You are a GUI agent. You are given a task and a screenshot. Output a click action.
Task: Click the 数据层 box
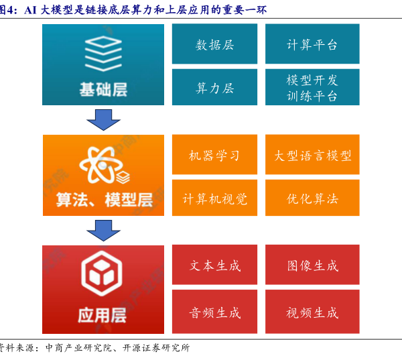tap(214, 44)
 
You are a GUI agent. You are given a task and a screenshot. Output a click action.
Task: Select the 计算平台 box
tap(312, 44)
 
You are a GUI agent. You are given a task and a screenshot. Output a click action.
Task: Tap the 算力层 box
tap(214, 88)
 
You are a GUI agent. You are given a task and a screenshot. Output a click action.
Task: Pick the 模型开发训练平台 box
tap(312, 88)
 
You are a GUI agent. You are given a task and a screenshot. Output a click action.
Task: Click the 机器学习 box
tap(214, 155)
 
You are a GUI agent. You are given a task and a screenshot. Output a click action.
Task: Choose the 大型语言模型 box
tap(312, 155)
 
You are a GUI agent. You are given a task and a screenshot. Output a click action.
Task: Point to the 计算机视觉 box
tap(214, 198)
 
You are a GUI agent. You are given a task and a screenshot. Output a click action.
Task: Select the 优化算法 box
tap(312, 198)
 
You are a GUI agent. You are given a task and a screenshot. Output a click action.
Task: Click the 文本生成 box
tap(214, 265)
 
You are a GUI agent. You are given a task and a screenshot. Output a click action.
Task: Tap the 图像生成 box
tap(312, 265)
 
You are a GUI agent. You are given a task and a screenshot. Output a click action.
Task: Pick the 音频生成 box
tap(214, 312)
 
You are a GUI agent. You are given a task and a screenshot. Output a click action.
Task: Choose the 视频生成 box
tap(312, 312)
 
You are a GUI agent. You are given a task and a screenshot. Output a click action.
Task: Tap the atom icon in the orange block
tap(100, 165)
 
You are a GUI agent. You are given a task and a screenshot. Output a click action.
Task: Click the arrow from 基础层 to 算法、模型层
tap(103, 119)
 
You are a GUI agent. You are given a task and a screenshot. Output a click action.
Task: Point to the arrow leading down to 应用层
tap(103, 230)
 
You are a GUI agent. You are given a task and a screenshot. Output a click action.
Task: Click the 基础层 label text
tap(103, 89)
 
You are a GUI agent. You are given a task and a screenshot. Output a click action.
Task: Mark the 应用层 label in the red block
tap(103, 314)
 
